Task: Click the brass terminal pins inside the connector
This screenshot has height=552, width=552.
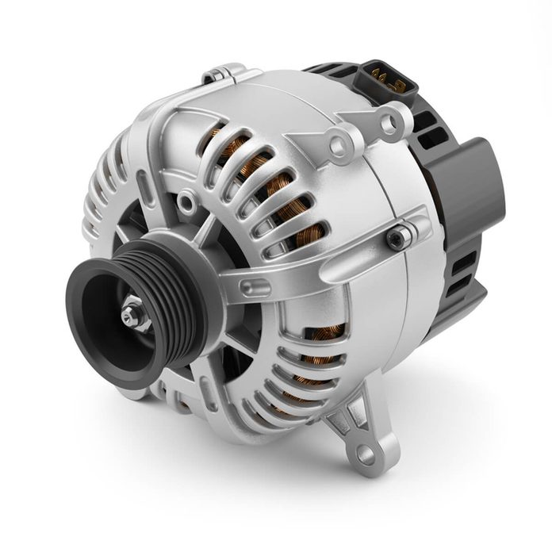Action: [384, 77]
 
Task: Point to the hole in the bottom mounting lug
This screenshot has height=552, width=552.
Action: [365, 454]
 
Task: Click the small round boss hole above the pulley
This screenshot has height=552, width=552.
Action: [186, 202]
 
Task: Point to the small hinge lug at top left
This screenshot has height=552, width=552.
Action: [218, 75]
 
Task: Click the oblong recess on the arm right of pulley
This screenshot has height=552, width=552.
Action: [254, 285]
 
